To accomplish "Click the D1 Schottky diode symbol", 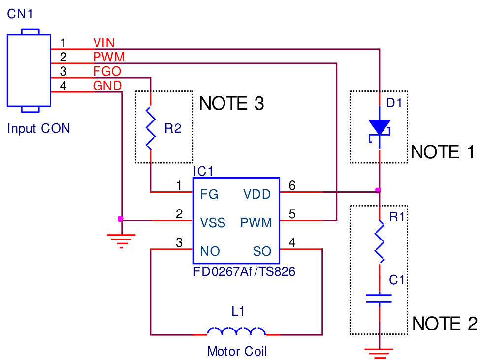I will pyautogui.click(x=379, y=129).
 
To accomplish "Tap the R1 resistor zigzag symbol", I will pyautogui.click(x=379, y=241).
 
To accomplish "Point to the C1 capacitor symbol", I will pyautogui.click(x=379, y=298).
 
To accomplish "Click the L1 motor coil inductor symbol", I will pyautogui.click(x=236, y=331).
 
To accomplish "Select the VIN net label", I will pyautogui.click(x=104, y=43).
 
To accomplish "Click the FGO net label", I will pyautogui.click(x=107, y=72).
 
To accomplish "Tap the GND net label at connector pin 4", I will pyautogui.click(x=107, y=86).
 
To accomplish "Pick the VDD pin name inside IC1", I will pyautogui.click(x=257, y=194).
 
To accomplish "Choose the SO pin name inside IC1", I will pyautogui.click(x=262, y=251).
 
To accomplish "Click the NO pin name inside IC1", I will pyautogui.click(x=210, y=251).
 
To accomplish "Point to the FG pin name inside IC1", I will pyautogui.click(x=209, y=194).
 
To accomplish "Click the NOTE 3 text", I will pyautogui.click(x=231, y=104).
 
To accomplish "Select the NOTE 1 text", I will pyautogui.click(x=442, y=152).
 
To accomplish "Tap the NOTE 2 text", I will pyautogui.click(x=444, y=324).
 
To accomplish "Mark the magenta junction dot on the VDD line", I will pyautogui.click(x=378, y=190).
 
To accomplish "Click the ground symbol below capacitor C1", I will pyautogui.click(x=379, y=351).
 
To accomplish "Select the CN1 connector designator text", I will pyautogui.click(x=20, y=14).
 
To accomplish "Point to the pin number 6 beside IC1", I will pyautogui.click(x=292, y=185).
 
